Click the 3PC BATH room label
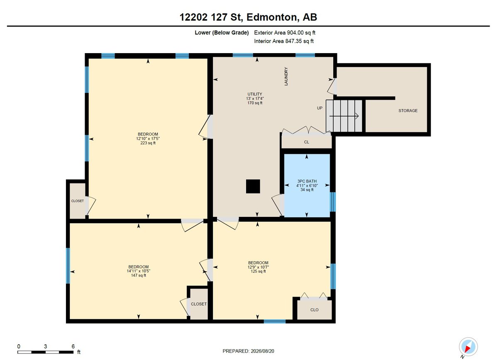pyautogui.click(x=307, y=181)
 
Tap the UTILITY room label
pyautogui.click(x=255, y=94)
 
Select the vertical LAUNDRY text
pyautogui.click(x=286, y=76)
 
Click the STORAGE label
pyautogui.click(x=408, y=111)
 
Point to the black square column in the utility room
pyautogui.click(x=253, y=186)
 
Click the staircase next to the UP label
pyautogui.click(x=344, y=116)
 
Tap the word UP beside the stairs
pyautogui.click(x=320, y=108)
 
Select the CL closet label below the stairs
pyautogui.click(x=307, y=142)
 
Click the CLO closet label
pyautogui.click(x=315, y=310)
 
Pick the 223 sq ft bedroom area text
pyautogui.click(x=148, y=143)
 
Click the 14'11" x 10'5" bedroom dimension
pyautogui.click(x=139, y=271)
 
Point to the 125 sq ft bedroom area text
pyautogui.click(x=258, y=271)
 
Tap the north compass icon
pyautogui.click(x=468, y=347)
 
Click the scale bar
pyautogui.click(x=46, y=352)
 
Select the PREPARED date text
pyautogui.click(x=248, y=351)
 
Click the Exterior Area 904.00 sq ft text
pyautogui.click(x=285, y=33)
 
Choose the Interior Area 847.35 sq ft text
pyautogui.click(x=284, y=41)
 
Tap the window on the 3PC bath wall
pyautogui.click(x=332, y=202)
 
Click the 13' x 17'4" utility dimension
pyautogui.click(x=255, y=98)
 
